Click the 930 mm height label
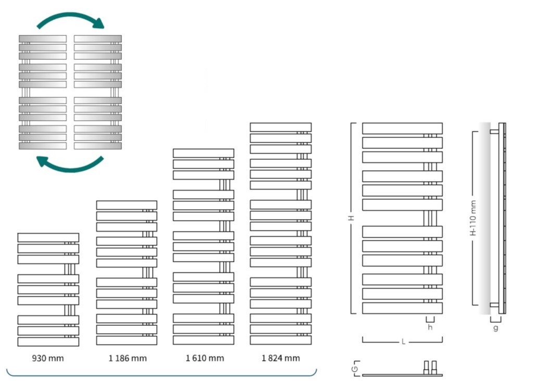(48, 358)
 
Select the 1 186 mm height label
(127, 358)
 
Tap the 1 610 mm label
(204, 358)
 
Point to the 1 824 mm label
(281, 358)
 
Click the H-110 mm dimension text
(474, 219)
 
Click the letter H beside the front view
(352, 219)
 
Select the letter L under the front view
(403, 342)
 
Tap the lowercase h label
(430, 327)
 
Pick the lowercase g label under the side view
(495, 328)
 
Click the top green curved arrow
(70, 19)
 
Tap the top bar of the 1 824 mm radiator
(280, 127)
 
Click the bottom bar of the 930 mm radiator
(48, 341)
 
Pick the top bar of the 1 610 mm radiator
(203, 153)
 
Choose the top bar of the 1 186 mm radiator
(127, 205)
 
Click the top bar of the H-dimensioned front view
(402, 128)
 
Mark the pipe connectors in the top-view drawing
(430, 366)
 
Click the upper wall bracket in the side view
(494, 132)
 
